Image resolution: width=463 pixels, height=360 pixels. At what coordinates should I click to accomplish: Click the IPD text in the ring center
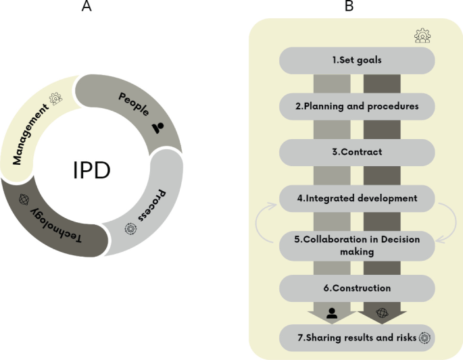coord(91,171)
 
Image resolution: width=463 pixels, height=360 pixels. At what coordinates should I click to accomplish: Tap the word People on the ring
coord(134,102)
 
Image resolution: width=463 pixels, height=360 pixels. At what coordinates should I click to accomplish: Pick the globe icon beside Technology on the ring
coord(25,200)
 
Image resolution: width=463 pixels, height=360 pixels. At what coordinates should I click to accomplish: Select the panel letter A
coord(87,7)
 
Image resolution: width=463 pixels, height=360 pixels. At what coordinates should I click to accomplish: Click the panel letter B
coord(349,7)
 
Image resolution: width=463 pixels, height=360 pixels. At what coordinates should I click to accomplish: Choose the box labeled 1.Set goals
coord(357,60)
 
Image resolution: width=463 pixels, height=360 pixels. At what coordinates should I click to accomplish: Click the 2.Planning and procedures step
coord(357,106)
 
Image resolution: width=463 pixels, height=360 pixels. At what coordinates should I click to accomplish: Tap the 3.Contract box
coord(357,152)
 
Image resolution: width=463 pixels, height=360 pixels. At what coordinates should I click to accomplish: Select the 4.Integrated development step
coord(357,199)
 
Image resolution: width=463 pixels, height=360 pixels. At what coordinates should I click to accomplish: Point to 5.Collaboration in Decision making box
coord(357,245)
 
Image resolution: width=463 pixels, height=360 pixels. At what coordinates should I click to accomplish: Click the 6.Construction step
coord(357,288)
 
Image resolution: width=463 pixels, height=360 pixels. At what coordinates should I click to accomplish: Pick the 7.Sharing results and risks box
coord(357,337)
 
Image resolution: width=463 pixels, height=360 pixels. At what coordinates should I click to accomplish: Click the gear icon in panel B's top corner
coord(423,36)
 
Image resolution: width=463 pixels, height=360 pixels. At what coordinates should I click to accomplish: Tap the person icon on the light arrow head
coord(332,312)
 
